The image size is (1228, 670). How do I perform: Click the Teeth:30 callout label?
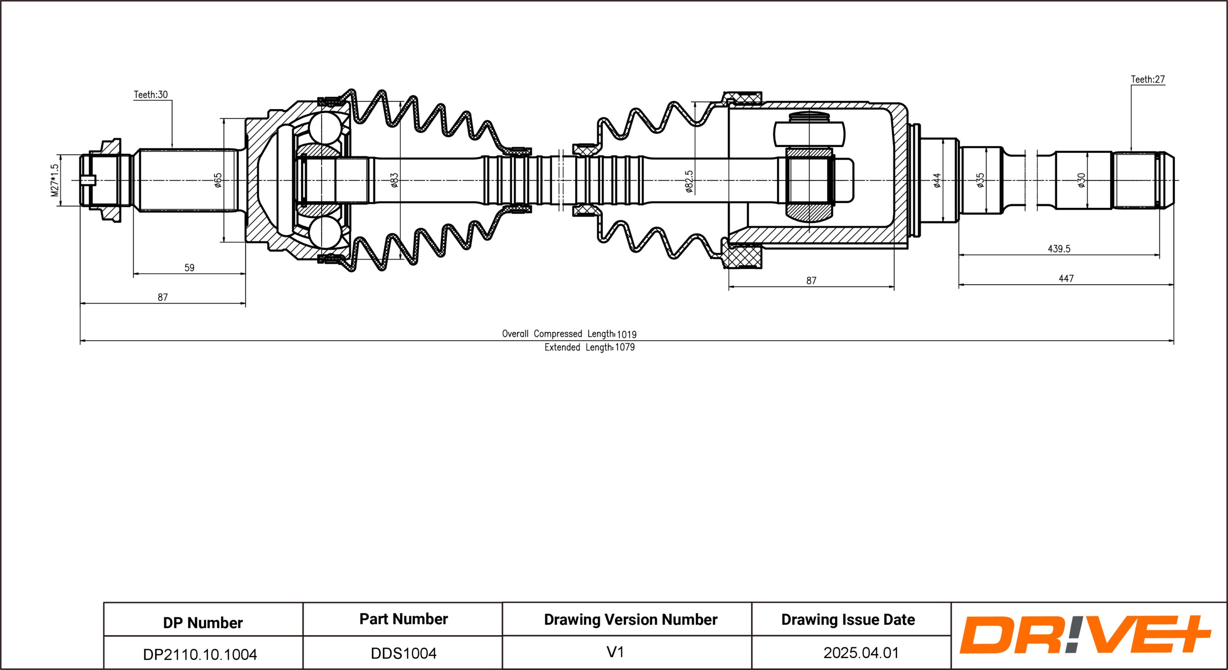pos(151,95)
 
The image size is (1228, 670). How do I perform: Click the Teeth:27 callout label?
pos(1147,80)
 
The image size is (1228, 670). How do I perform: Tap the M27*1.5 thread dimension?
pos(55,180)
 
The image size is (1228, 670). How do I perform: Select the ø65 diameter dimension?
pos(218,180)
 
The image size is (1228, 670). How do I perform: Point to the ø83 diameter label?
pos(394,180)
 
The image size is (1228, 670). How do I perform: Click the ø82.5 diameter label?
pos(689,181)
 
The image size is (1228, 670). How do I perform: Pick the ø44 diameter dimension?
pos(937,180)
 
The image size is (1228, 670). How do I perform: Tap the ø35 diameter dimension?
pos(980,180)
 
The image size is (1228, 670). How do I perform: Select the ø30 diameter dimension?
pos(1081,180)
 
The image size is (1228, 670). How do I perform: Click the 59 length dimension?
pos(189,268)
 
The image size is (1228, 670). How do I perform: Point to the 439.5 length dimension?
pos(1059,249)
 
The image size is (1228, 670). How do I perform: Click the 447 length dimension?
pos(1066,279)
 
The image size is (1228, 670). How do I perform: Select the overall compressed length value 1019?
pos(626,334)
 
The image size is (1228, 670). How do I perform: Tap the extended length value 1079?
pos(625,348)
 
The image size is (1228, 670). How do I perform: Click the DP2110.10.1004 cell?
pos(200,654)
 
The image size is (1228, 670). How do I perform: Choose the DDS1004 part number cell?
pos(403,653)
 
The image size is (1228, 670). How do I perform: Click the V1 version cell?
pos(615,652)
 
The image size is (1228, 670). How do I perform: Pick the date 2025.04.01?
pos(861,653)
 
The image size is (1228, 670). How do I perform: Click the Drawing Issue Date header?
pos(848,620)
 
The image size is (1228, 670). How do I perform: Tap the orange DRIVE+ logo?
pos(1085,635)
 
